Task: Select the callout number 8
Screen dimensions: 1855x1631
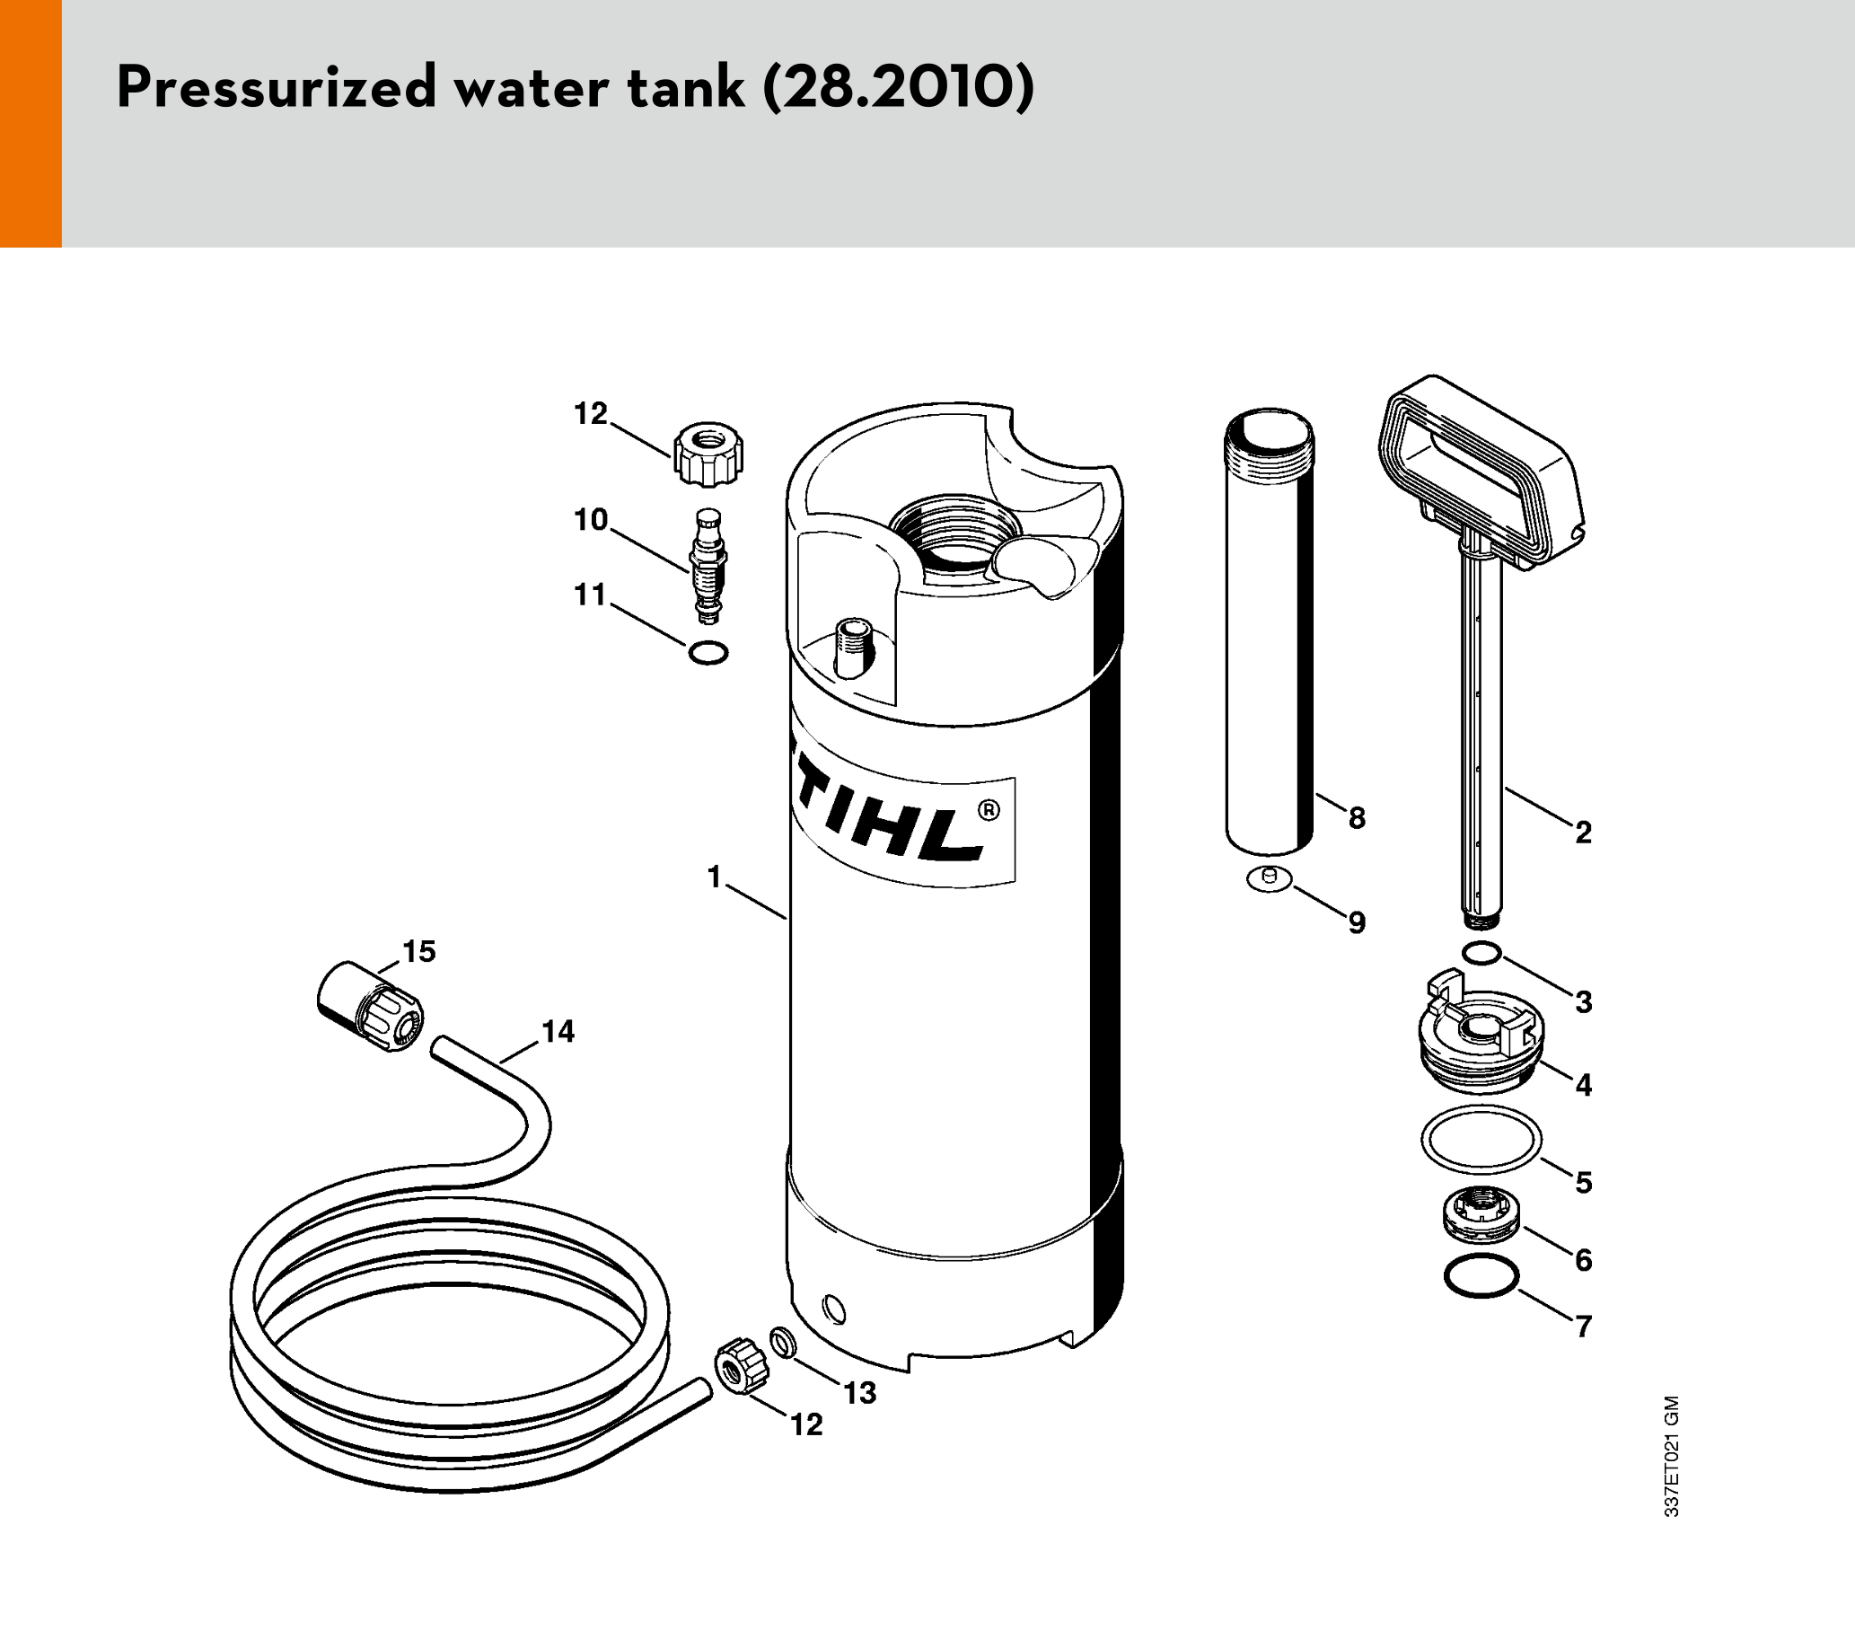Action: tap(1357, 819)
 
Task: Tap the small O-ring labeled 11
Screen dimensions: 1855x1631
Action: tap(708, 653)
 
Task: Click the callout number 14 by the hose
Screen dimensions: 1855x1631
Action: tap(558, 1032)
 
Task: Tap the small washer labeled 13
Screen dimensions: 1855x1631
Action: tap(781, 1343)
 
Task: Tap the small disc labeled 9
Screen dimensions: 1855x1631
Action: tap(1270, 878)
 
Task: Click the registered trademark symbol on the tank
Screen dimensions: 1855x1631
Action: tap(989, 809)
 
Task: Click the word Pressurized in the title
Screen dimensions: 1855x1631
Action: tap(277, 88)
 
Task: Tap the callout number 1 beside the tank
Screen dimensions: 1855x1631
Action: tap(714, 877)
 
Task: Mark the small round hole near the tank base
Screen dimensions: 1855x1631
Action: tap(834, 1309)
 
